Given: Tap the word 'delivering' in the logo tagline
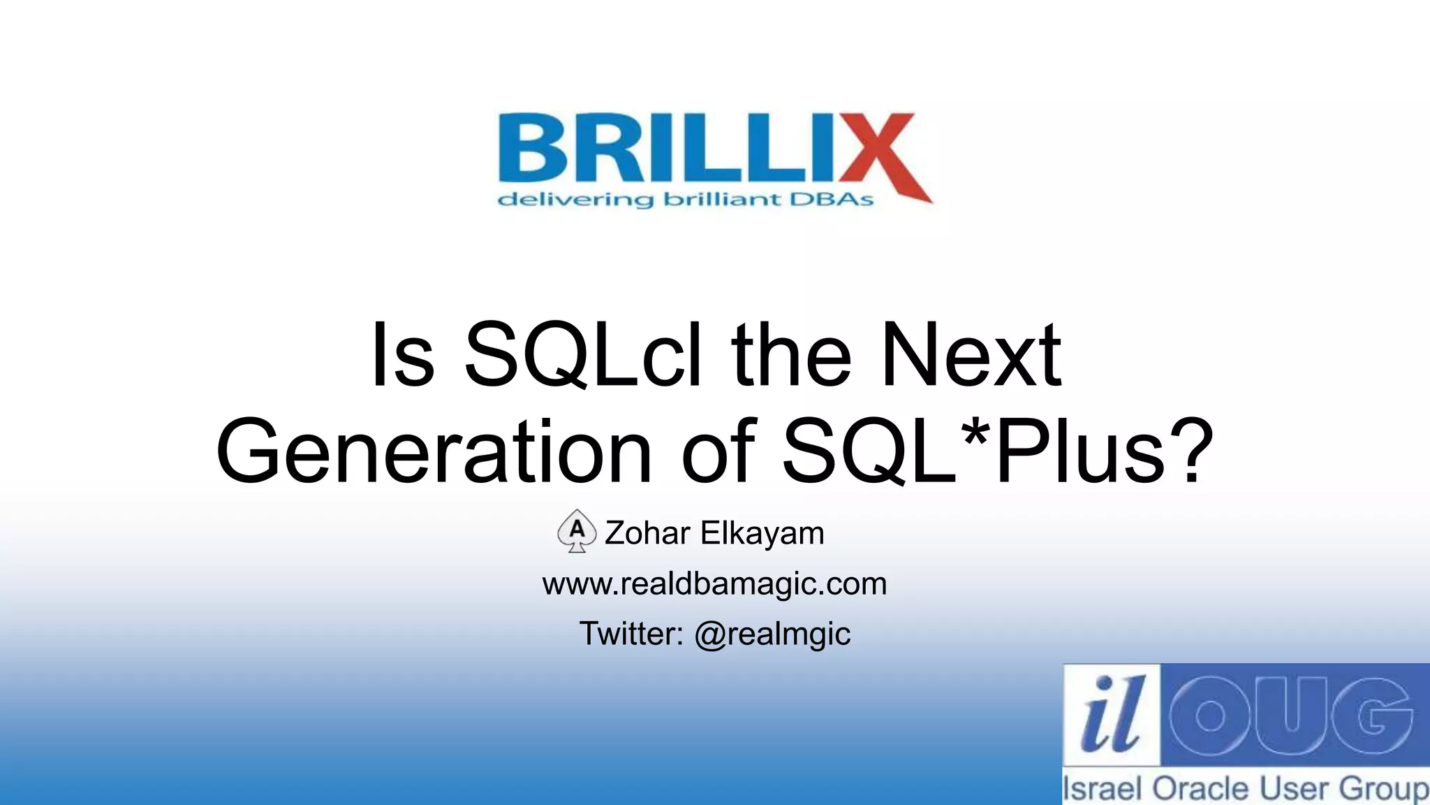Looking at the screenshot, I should [575, 200].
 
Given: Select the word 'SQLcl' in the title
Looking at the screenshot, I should [582, 354].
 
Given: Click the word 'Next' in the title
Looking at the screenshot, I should [971, 354].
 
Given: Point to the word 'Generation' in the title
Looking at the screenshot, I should [434, 451].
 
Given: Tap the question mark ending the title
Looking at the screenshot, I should [1189, 451].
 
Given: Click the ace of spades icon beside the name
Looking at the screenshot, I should [577, 531].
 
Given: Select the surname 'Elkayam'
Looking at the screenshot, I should [762, 533].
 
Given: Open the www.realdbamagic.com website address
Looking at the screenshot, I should [714, 583].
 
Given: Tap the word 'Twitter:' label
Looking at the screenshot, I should [631, 634].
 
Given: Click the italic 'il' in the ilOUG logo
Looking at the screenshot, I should [1110, 714].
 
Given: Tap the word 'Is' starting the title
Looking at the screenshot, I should [403, 354].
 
